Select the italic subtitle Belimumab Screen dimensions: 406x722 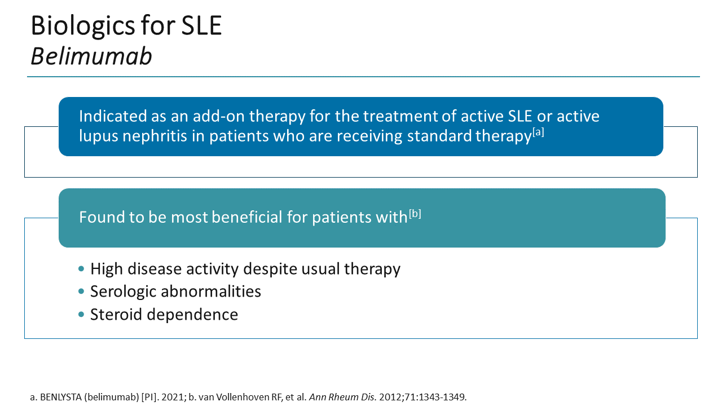(91, 56)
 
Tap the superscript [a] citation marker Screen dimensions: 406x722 (538, 133)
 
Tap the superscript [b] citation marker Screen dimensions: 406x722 (415, 213)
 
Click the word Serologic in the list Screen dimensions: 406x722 (123, 292)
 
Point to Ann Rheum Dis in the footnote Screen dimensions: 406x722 (336, 397)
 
